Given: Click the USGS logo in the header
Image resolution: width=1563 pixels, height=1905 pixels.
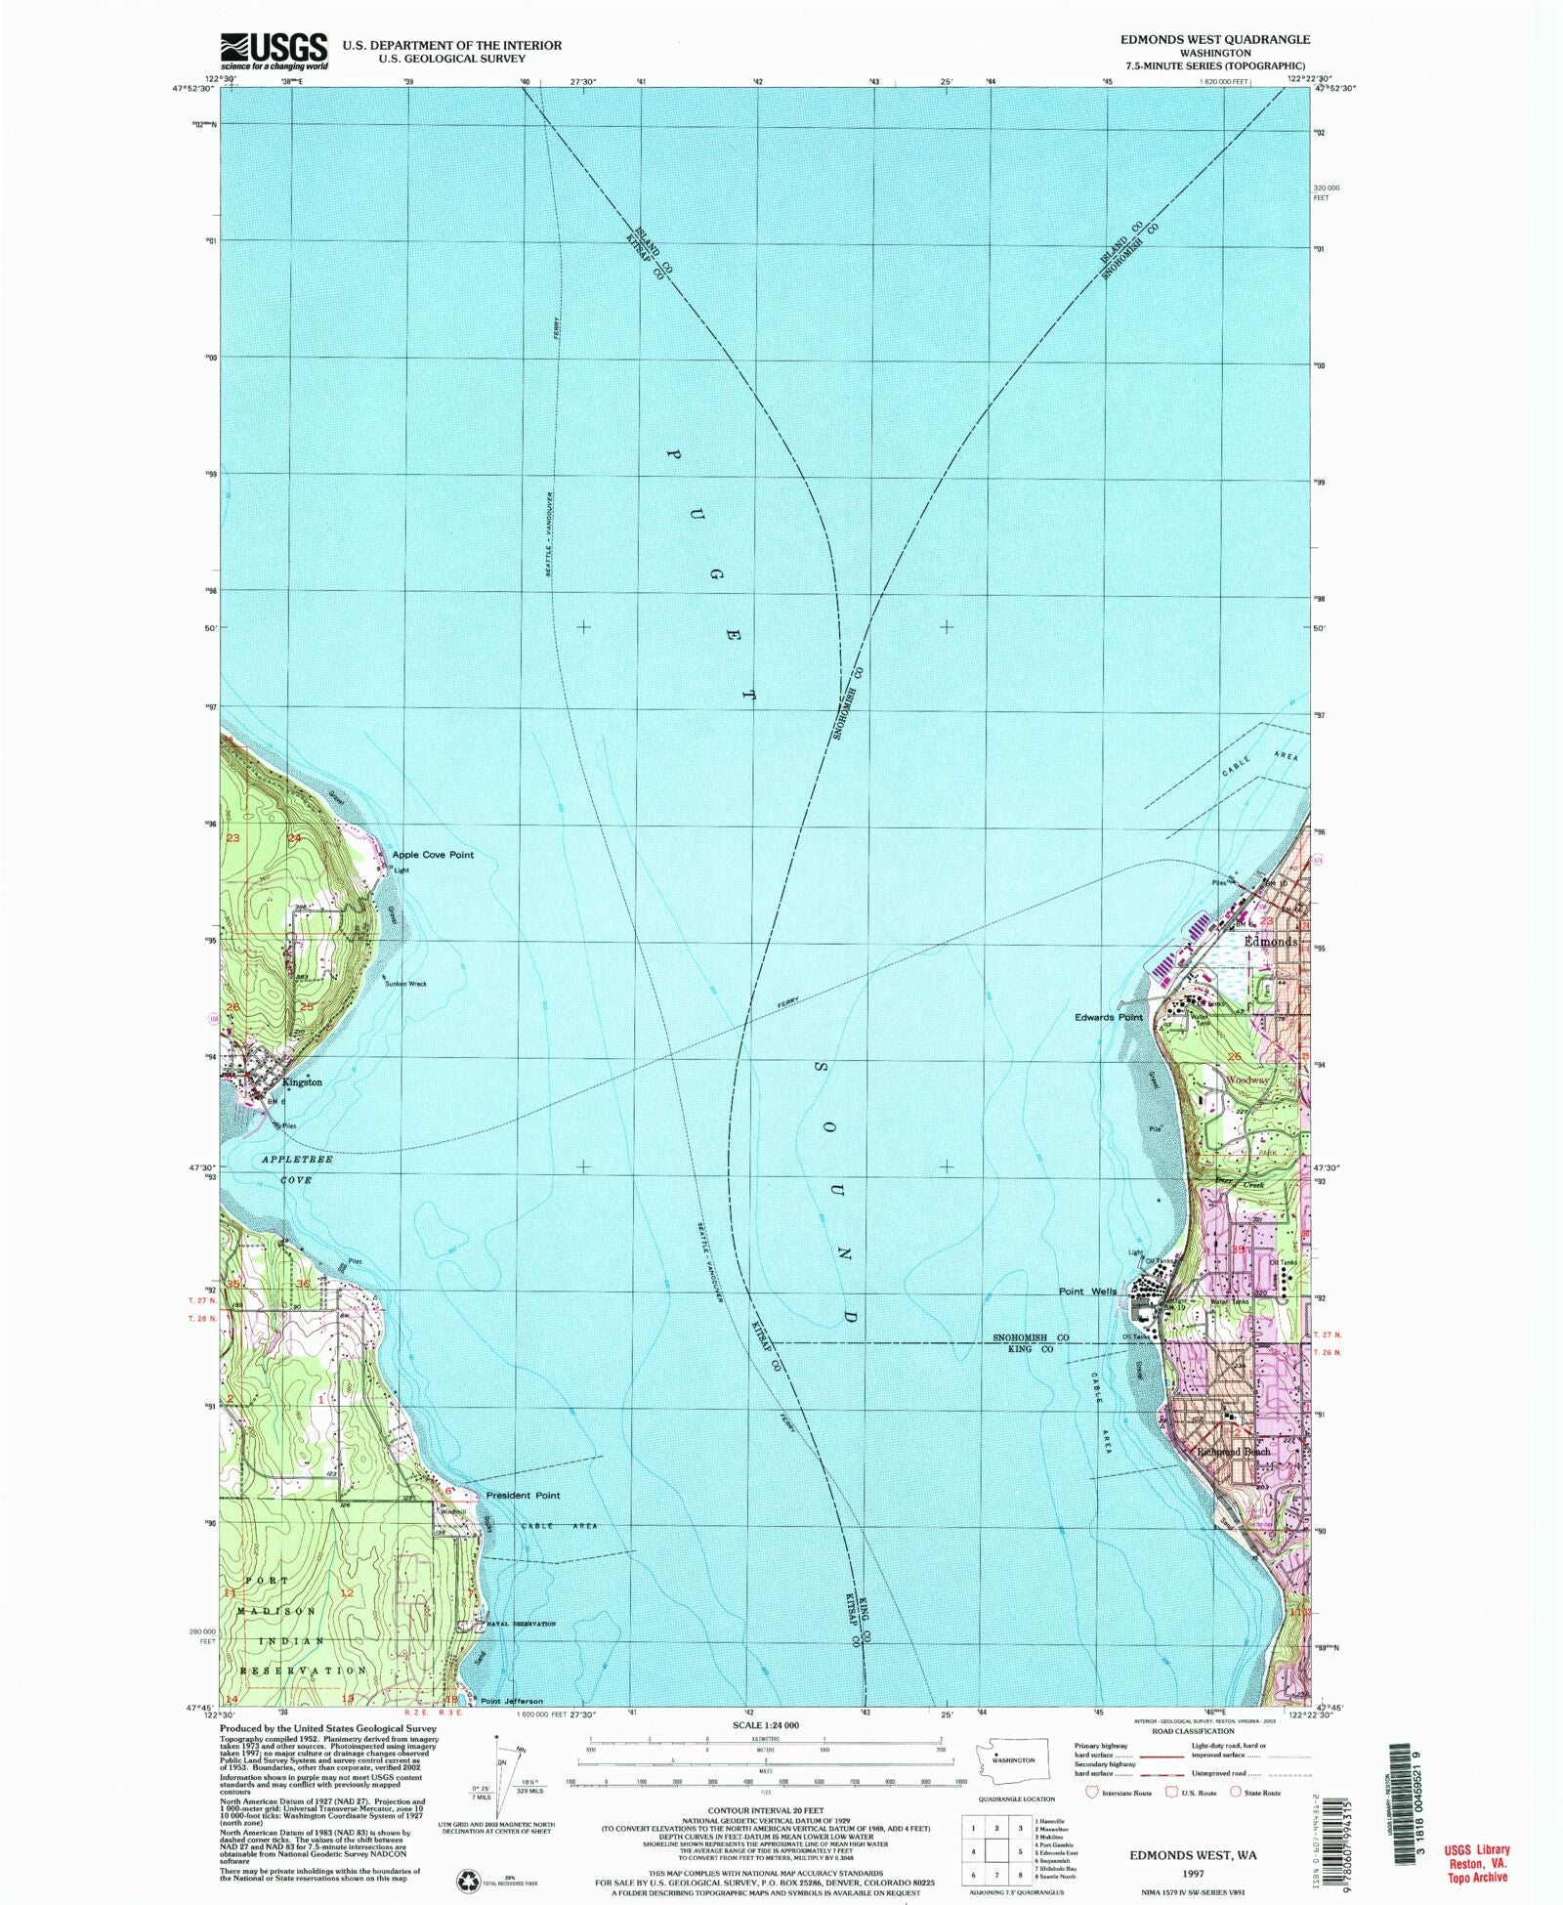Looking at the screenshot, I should tap(274, 50).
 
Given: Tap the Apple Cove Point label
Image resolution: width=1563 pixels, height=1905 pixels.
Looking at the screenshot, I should tap(432, 855).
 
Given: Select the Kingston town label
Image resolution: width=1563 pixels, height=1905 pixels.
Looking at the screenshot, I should tap(302, 1082).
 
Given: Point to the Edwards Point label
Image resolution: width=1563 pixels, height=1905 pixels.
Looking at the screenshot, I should tap(1109, 1017).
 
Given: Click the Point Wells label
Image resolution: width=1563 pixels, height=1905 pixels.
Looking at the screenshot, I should tap(1087, 1291).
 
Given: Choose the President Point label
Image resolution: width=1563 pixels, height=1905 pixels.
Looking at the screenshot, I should tap(523, 1496).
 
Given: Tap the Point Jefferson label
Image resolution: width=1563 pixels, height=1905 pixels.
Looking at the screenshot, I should tap(511, 1701).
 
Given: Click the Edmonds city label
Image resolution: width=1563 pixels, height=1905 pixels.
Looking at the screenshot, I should tap(1270, 942).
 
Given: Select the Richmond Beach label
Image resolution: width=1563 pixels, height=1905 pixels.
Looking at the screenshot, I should tap(1234, 1452).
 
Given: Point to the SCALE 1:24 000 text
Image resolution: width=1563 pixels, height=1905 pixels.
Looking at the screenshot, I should tap(765, 1725).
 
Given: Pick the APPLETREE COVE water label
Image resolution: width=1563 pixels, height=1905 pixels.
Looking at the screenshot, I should tap(297, 1169).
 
